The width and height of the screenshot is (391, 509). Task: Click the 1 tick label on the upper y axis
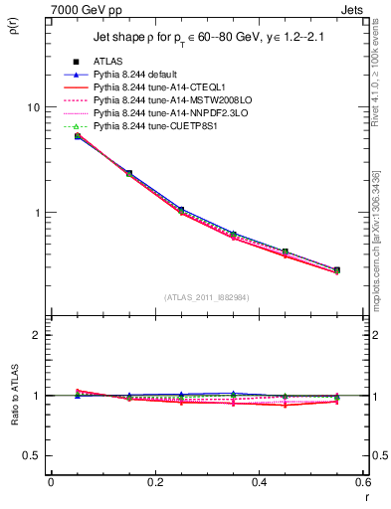click(x=36, y=213)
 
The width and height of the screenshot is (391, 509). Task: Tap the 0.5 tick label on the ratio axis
click(x=33, y=455)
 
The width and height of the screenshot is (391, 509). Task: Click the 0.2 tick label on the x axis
click(x=154, y=482)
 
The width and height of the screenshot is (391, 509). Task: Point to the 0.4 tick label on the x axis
click(x=259, y=482)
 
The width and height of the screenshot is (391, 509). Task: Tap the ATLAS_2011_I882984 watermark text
click(x=207, y=296)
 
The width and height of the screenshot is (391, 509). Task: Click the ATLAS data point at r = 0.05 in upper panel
click(x=78, y=136)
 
